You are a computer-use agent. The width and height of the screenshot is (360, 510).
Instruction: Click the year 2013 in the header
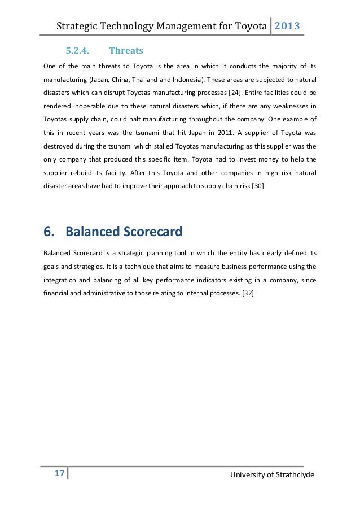tap(287, 26)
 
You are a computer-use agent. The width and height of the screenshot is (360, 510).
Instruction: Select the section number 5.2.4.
tap(80, 51)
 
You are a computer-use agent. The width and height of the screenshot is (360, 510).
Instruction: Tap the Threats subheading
tap(126, 51)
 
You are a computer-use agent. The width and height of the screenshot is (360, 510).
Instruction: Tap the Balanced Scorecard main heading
tap(124, 232)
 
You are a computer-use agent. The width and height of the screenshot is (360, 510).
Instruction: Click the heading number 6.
tap(49, 232)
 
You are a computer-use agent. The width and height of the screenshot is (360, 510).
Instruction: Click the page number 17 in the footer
tap(58, 473)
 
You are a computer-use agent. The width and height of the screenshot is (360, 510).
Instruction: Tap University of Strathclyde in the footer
tap(273, 474)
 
